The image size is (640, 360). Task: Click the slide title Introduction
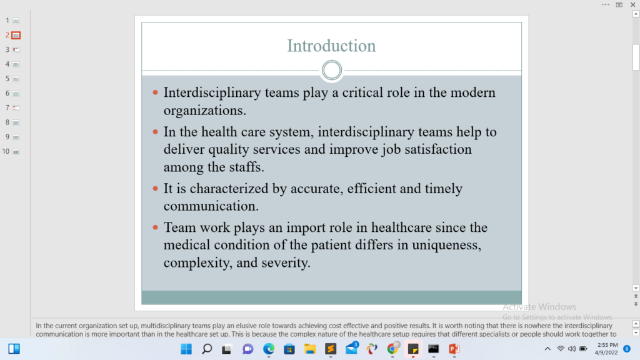pyautogui.click(x=331, y=46)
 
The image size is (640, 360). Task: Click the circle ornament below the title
pyautogui.click(x=331, y=61)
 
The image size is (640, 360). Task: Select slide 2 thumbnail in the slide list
pyautogui.click(x=16, y=36)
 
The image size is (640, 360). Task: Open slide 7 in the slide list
pyautogui.click(x=16, y=108)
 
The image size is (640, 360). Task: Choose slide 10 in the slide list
pyautogui.click(x=16, y=152)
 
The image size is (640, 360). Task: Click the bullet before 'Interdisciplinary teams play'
pyautogui.click(x=155, y=92)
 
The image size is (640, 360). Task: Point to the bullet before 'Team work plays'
pyautogui.click(x=155, y=227)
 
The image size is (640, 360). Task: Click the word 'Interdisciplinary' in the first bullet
pyautogui.click(x=212, y=93)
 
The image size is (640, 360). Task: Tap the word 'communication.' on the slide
pyautogui.click(x=211, y=206)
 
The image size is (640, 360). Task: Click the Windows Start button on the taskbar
pyautogui.click(x=186, y=349)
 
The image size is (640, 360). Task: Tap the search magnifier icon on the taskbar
pyautogui.click(x=207, y=349)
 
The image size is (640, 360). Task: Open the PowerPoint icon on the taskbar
pyautogui.click(x=454, y=349)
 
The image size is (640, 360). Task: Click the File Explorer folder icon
pyautogui.click(x=310, y=349)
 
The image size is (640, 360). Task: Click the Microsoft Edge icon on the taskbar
pyautogui.click(x=269, y=349)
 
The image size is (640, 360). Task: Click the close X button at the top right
pyautogui.click(x=632, y=5)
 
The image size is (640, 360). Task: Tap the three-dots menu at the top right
pyautogui.click(x=605, y=5)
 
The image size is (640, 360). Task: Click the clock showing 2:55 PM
pyautogui.click(x=607, y=345)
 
